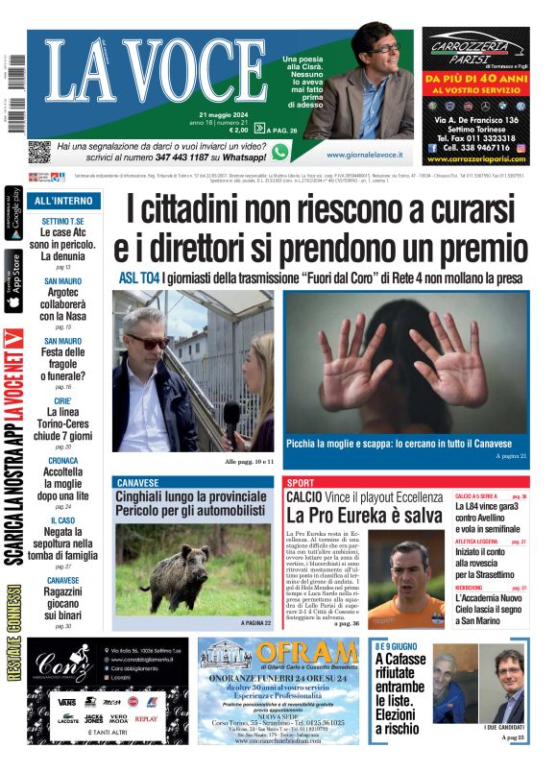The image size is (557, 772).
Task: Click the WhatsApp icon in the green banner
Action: pos(279,152)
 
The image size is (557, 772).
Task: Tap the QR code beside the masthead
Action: pos(38,152)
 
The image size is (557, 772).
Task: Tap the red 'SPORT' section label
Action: pos(301,482)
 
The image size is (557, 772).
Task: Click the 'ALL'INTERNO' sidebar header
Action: pos(63,202)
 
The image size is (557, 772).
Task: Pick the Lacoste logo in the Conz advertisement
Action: pos(67,719)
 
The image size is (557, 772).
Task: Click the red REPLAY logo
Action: pos(146,718)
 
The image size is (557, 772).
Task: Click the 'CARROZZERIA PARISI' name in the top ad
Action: pos(476,53)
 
